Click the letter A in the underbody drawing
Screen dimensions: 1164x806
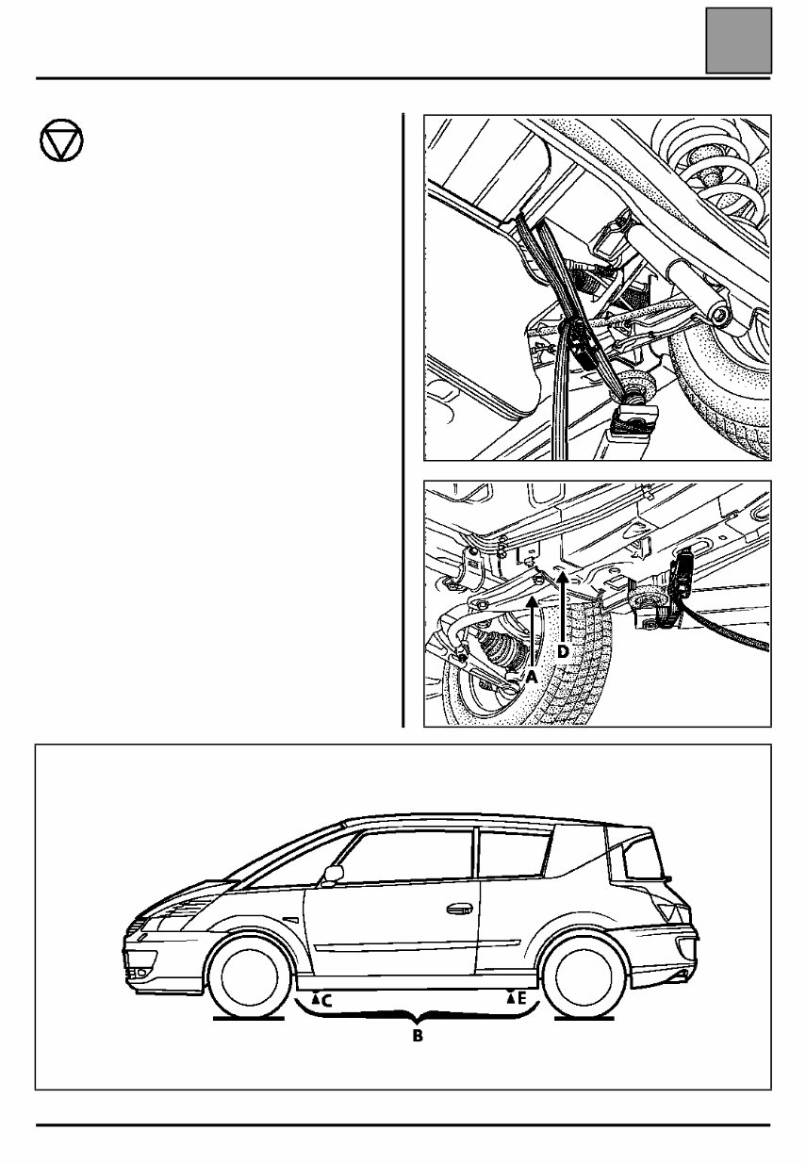click(532, 676)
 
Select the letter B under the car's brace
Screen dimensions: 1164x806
click(417, 1036)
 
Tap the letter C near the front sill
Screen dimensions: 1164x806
click(326, 1002)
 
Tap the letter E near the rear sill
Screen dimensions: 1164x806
click(522, 996)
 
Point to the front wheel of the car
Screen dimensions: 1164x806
click(248, 976)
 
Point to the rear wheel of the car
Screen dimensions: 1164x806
click(584, 976)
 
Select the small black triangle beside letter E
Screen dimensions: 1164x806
click(512, 994)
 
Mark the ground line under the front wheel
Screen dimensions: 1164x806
click(247, 1018)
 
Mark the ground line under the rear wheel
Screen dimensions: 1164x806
click(585, 1018)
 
